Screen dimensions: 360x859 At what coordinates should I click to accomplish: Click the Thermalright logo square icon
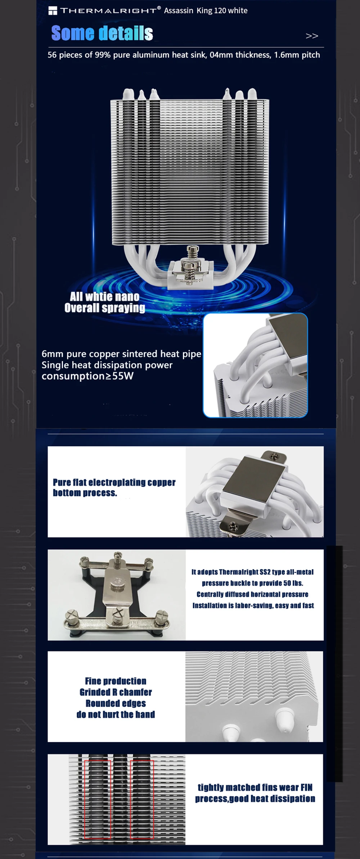[53, 10]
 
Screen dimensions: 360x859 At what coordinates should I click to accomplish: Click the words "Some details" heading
[102, 33]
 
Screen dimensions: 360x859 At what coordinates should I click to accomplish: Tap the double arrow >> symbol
[312, 36]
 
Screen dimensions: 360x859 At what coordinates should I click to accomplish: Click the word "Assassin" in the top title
[179, 10]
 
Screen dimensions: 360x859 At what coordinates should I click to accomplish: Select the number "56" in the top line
[52, 55]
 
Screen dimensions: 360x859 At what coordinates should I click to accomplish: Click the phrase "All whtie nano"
[104, 296]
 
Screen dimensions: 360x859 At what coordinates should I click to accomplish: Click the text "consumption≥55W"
[87, 376]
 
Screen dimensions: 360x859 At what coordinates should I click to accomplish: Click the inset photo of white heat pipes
[255, 365]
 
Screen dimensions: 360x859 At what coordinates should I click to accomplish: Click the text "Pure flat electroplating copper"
[114, 482]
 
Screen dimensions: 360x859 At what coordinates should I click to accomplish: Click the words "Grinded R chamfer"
[116, 692]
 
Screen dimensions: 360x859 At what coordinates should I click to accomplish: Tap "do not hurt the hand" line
[116, 714]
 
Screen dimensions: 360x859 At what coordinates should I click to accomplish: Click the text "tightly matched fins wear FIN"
[255, 787]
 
